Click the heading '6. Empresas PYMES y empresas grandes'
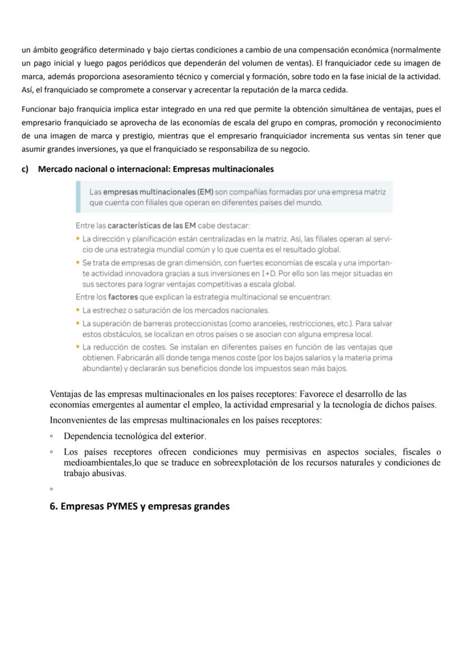[x=139, y=506]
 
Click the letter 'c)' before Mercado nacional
[x=25, y=169]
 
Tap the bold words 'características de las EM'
[x=145, y=226]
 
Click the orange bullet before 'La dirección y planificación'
[x=77, y=239]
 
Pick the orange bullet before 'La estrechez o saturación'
[x=77, y=310]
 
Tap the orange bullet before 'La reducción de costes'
[x=77, y=347]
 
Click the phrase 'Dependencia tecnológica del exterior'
[x=135, y=436]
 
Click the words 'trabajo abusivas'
[x=94, y=474]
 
